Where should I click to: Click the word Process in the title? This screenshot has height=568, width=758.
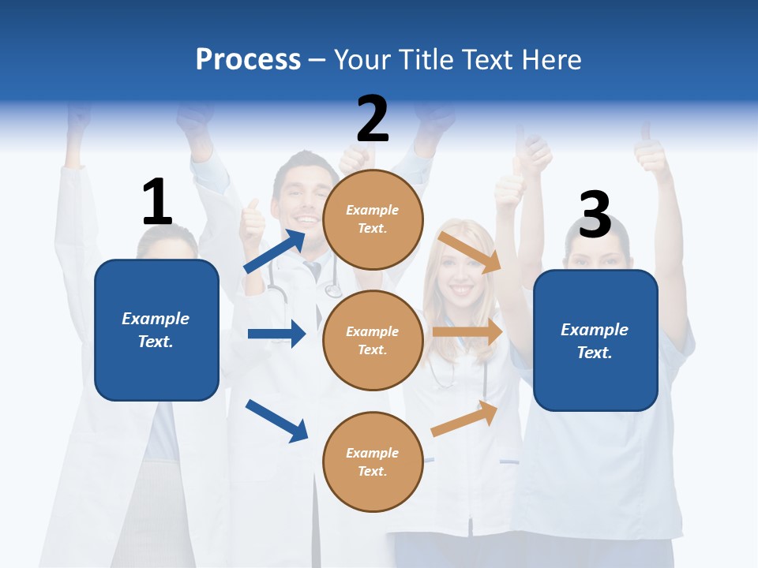coord(248,59)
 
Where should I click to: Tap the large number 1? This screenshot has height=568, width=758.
coord(157,202)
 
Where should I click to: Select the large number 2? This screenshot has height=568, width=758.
coord(373,119)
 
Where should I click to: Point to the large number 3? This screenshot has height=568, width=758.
coord(595,215)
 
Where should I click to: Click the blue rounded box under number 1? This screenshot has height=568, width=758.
coord(156,330)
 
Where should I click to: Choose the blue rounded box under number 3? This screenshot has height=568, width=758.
coord(595,341)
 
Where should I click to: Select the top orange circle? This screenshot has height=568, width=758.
coord(373,219)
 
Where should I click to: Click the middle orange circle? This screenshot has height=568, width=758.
coord(373,340)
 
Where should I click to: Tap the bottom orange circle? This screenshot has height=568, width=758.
coord(373,461)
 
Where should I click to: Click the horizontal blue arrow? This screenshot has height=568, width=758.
coord(276,334)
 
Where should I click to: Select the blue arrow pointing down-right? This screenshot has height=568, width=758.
coord(276,420)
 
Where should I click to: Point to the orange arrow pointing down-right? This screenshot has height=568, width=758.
coord(470,252)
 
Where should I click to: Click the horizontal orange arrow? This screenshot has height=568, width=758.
coord(467,332)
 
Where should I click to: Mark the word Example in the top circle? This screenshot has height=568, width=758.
coord(373,210)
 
